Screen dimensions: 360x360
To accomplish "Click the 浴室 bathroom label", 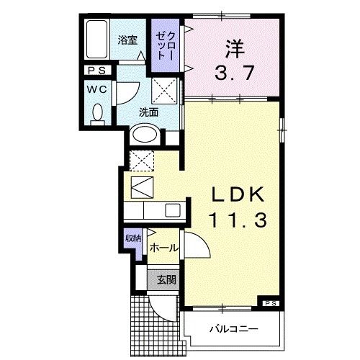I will [127, 40].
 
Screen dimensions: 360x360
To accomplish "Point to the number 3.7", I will [233, 72].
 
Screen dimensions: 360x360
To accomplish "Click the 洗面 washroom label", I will [149, 112].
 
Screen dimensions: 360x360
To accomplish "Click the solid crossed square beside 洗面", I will [164, 93].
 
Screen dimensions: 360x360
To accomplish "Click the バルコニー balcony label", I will [230, 329].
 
